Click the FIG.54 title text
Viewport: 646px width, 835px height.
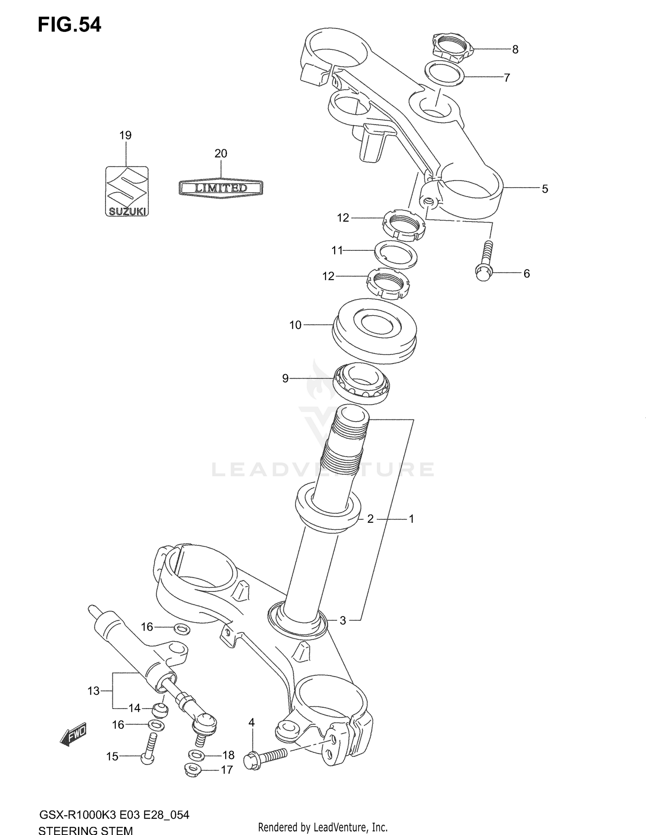coord(69,25)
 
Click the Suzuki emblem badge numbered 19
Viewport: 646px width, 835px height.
coord(127,191)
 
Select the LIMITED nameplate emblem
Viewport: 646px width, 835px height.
coord(221,188)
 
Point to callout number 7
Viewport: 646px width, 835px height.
coord(507,78)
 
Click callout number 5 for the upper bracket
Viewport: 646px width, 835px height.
coord(545,189)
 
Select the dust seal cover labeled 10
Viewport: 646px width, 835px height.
coord(374,330)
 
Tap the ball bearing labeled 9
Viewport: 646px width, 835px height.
coord(361,383)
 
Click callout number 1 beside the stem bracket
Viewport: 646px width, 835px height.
coord(411,519)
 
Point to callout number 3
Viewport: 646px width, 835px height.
coord(343,621)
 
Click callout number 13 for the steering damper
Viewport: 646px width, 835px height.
coord(93,691)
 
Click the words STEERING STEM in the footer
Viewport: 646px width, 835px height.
coord(85,830)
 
